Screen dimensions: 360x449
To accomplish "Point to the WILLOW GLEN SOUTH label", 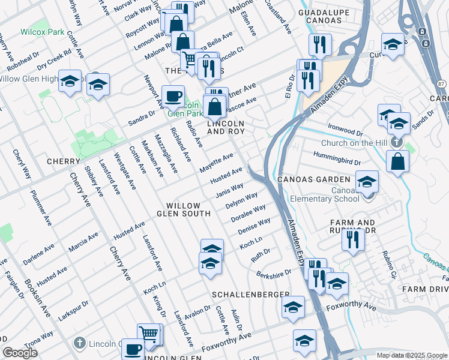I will click(184, 209).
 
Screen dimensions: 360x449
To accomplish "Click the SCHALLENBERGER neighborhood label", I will click(250, 295).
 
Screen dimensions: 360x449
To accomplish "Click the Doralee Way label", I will click(250, 214).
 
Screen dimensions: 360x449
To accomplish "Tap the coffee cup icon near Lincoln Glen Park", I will click(173, 95).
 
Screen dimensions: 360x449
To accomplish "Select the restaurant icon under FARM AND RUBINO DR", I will click(353, 239).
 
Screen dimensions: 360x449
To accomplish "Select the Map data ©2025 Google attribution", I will click(412, 355).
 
